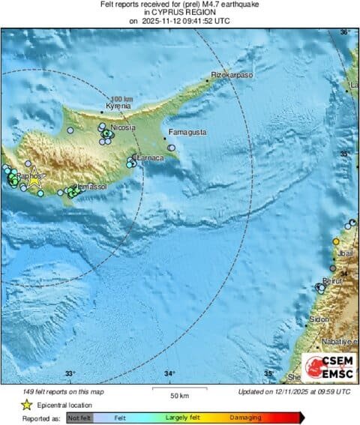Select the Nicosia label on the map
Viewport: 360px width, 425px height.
point(123,128)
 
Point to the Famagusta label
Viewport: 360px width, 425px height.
point(186,132)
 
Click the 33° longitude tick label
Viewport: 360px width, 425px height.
point(70,373)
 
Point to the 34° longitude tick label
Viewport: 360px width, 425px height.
point(169,373)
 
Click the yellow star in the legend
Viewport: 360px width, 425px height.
point(26,404)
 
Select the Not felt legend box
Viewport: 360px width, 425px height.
point(79,417)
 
